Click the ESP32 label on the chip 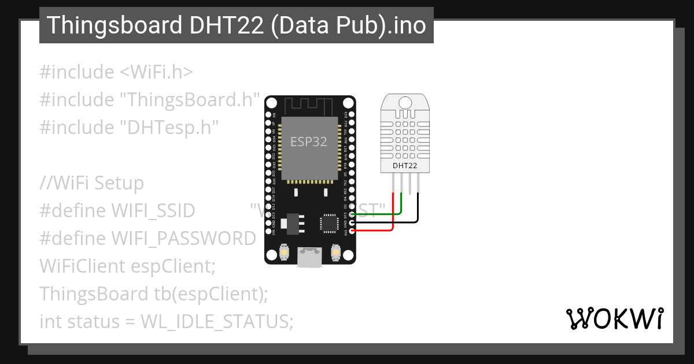[308, 142]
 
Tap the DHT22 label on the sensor [405, 166]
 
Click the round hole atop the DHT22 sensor [405, 102]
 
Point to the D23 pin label [346, 114]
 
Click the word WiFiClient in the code [82, 266]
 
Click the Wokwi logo [614, 318]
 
